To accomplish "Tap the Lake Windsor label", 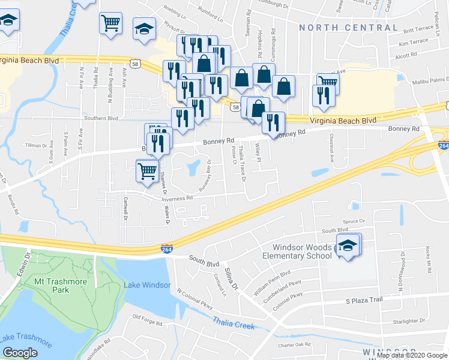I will coord(147,285).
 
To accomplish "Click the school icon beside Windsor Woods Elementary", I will coord(347,245).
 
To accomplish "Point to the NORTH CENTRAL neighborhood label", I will coord(348,28).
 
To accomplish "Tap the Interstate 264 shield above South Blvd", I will coord(167,248).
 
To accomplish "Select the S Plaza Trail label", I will coord(364,300).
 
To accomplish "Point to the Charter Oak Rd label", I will coord(294,344).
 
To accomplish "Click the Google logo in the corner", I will coord(20,353).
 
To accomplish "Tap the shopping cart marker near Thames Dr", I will coord(147,170).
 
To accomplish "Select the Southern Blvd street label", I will coord(101,118).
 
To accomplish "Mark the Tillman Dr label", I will coord(36,145).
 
